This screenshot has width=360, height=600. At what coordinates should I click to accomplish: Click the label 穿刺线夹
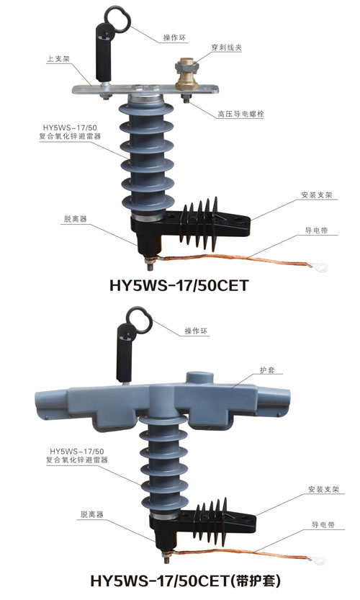[227, 48]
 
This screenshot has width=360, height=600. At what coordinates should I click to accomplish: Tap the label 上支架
[58, 59]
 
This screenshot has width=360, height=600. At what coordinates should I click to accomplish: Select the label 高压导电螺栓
[240, 114]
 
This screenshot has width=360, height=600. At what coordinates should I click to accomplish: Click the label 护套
[267, 370]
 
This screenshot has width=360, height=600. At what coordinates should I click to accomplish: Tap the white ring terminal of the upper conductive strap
[320, 267]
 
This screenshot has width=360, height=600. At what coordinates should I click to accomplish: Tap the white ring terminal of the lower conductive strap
[318, 560]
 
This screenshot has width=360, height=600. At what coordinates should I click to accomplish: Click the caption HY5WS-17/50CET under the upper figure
[179, 285]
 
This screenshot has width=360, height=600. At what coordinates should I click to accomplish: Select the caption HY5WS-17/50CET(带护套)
[186, 581]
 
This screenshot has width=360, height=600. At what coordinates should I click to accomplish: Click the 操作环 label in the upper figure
[174, 37]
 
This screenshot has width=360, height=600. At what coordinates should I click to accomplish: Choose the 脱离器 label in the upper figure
[76, 219]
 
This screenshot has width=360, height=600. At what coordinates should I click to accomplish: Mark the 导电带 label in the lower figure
[323, 524]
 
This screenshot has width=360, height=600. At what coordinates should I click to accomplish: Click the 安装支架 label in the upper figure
[316, 194]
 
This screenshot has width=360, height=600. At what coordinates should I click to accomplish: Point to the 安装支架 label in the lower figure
[323, 489]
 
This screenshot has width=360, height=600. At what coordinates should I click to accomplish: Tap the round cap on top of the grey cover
[199, 377]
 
